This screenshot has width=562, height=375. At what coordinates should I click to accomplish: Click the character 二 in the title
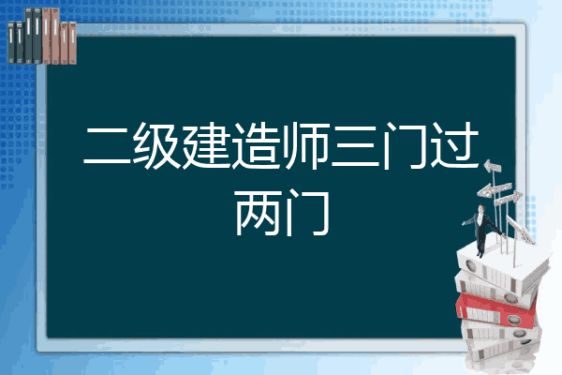(x=107, y=145)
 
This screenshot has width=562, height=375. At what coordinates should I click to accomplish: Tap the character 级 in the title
(x=156, y=145)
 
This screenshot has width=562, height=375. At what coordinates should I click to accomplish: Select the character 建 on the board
(x=206, y=145)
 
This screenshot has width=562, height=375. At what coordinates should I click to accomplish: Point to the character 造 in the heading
(x=256, y=145)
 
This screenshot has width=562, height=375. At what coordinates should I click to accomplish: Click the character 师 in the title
(x=305, y=145)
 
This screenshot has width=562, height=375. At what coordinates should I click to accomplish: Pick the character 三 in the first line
(x=355, y=145)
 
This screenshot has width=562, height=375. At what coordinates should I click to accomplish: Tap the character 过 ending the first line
(x=454, y=145)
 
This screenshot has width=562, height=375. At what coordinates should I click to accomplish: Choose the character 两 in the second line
(x=257, y=213)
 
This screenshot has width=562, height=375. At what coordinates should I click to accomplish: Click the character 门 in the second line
(x=307, y=213)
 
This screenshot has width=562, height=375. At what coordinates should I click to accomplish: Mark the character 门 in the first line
(x=405, y=145)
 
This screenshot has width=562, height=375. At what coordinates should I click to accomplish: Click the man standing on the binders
(x=482, y=230)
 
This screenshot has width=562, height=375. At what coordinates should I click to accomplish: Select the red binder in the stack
(x=496, y=310)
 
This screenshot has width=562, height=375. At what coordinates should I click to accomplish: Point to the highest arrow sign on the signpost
(x=493, y=166)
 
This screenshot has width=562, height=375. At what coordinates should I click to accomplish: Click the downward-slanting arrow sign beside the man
(x=520, y=229)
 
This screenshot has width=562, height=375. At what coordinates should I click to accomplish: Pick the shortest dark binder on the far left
(x=11, y=42)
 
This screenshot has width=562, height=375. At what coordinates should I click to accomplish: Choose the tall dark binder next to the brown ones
(x=37, y=36)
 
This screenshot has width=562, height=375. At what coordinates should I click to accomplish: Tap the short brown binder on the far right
(x=73, y=43)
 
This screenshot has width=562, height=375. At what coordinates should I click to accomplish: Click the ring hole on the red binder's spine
(x=513, y=320)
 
